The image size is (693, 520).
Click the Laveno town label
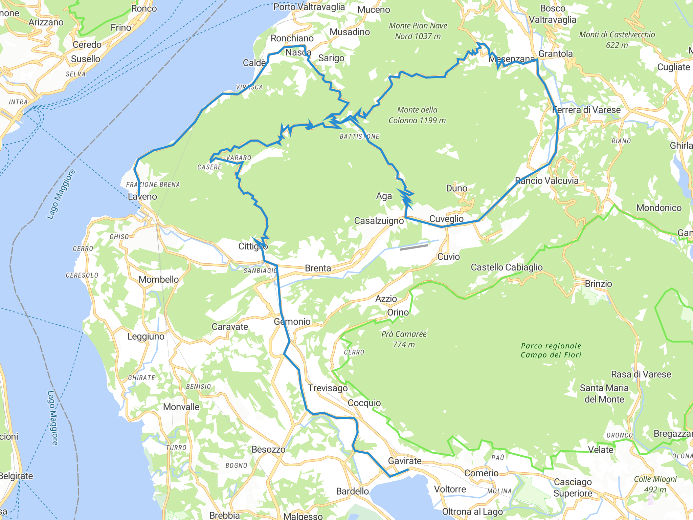142,197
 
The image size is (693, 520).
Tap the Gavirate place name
405,461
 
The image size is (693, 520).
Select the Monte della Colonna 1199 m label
417,115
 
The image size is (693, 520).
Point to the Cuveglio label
446,219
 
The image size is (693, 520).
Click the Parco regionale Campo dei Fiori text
551,350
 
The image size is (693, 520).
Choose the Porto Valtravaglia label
309,7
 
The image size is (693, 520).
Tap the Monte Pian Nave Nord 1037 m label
418,31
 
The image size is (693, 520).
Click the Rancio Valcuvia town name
546,181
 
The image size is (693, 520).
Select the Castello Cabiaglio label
507,267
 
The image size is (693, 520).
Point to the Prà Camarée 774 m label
404,339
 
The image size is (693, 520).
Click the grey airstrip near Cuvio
414,247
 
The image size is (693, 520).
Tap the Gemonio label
292,322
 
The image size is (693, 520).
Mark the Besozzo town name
268,450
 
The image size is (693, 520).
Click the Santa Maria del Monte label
604,393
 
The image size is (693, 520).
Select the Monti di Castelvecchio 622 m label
617,40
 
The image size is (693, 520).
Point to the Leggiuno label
146,337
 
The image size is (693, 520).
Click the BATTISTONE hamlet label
359,136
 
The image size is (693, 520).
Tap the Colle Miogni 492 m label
655,484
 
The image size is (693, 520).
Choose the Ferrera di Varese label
586,110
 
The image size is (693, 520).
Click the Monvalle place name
181,407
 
